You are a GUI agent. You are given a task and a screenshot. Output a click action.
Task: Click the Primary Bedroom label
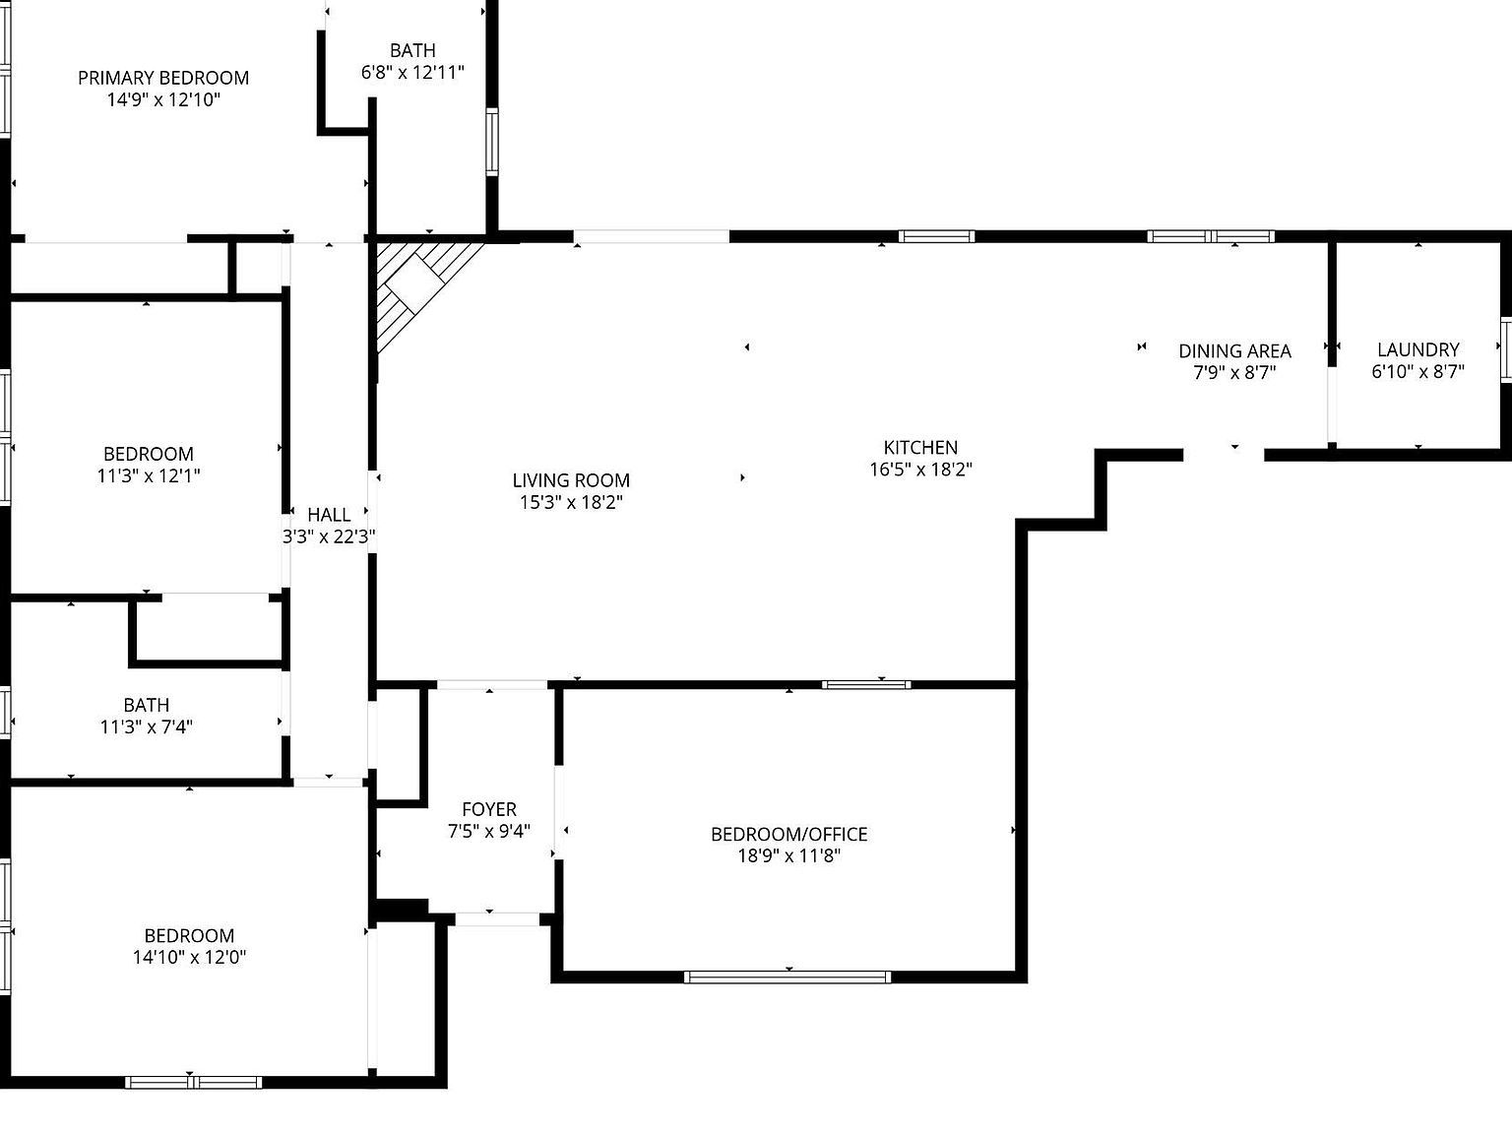(x=163, y=78)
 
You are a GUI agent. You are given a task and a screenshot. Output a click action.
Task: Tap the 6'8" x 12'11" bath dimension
(x=412, y=72)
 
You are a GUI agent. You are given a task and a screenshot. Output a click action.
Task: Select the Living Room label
(x=571, y=480)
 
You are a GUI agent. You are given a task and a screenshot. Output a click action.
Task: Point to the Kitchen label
(x=920, y=447)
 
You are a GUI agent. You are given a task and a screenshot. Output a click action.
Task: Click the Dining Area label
(x=1234, y=350)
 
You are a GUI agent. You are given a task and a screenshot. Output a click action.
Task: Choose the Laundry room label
(x=1417, y=349)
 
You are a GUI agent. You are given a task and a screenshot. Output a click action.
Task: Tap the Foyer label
(x=489, y=809)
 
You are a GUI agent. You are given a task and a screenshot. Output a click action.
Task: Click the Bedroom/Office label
(x=789, y=834)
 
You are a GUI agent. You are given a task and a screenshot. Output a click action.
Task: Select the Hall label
(x=329, y=514)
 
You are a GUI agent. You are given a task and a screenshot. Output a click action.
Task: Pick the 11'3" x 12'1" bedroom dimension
(x=149, y=475)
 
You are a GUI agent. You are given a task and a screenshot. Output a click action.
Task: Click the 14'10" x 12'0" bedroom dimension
(x=189, y=957)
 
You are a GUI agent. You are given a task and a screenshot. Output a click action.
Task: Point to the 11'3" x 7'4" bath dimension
(x=147, y=727)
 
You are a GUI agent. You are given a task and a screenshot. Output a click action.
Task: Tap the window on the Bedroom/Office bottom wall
(x=787, y=976)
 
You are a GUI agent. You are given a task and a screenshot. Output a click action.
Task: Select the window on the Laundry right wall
(x=1505, y=349)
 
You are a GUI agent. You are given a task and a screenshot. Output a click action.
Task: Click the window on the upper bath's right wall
(x=491, y=142)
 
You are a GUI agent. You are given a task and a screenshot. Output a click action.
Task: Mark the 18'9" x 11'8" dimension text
(x=789, y=855)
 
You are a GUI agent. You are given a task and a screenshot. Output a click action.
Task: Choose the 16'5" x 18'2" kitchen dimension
(x=920, y=470)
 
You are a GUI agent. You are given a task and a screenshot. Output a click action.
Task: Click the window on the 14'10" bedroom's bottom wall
(x=193, y=1082)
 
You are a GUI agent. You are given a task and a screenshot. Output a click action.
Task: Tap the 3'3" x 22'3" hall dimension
(x=329, y=536)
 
